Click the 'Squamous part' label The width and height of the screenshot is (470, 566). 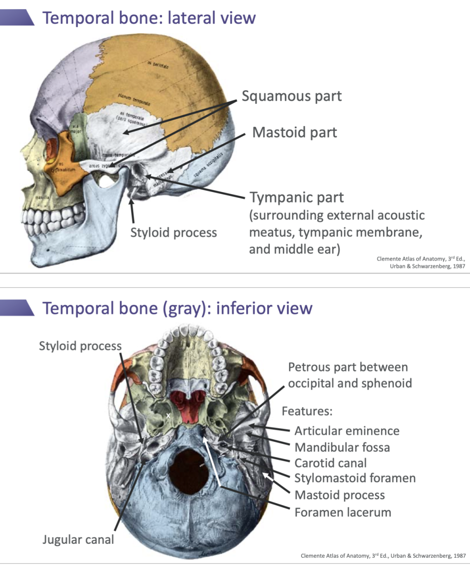[x=292, y=96]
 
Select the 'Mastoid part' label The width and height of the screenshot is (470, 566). [x=294, y=133]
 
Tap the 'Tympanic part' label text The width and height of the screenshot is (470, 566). [x=297, y=197]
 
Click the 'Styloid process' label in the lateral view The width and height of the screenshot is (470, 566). [x=173, y=233]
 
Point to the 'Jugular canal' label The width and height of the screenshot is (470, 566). [x=78, y=540]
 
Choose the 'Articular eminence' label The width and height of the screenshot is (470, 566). [x=347, y=431]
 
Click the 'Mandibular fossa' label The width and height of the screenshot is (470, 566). [x=342, y=447]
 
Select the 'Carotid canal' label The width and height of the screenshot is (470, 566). [x=330, y=463]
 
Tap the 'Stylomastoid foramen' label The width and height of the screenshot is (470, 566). [x=355, y=478]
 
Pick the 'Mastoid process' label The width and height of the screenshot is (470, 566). [x=339, y=495]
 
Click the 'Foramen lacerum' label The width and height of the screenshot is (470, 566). [x=342, y=513]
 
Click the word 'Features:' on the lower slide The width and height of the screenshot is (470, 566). [x=307, y=411]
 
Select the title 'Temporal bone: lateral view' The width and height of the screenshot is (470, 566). [x=149, y=18]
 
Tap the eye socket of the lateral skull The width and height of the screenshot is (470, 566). [x=53, y=149]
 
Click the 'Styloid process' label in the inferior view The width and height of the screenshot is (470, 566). [x=80, y=346]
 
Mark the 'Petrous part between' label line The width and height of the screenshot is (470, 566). [x=348, y=367]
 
